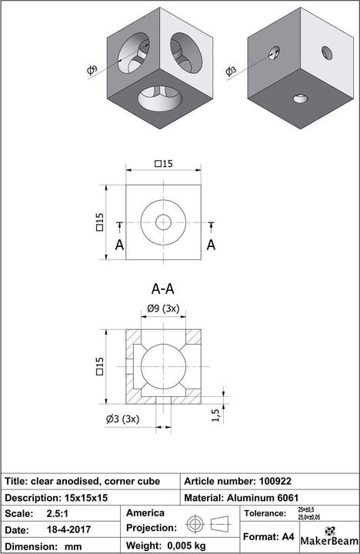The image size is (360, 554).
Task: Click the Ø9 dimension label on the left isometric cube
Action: pos(92,72)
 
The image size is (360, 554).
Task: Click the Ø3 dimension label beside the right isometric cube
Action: pos(230,72)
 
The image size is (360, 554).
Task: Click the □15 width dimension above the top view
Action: pos(163,163)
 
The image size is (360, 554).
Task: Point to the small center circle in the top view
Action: pos(163,222)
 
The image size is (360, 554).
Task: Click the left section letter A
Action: pos(119,245)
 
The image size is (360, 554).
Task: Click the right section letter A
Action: pos(211,245)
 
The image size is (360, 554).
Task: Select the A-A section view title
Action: pos(162,289)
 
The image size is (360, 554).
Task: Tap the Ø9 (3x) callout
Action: pos(163,309)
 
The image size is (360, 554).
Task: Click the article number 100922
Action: pos(281,481)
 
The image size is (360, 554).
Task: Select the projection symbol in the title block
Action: pos(209,525)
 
